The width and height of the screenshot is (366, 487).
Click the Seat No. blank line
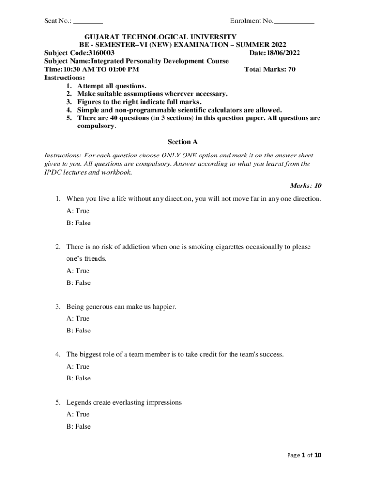88,22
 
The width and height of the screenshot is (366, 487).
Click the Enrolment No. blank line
294,22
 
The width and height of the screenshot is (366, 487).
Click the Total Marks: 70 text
270,69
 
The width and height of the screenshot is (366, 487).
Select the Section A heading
183,142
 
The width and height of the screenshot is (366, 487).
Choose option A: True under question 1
78,211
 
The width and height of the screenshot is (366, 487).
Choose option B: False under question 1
78,223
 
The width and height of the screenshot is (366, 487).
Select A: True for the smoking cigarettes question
78,271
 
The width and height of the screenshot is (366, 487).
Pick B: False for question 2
78,283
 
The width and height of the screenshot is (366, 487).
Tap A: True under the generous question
78,319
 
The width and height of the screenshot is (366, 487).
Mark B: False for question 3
78,331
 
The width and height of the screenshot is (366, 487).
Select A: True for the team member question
78,367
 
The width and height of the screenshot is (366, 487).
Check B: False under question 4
78,379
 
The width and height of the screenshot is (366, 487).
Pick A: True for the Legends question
78,414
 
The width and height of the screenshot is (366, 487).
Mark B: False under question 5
78,427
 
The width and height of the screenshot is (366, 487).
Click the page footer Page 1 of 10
305,455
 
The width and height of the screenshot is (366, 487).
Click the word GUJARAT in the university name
101,37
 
